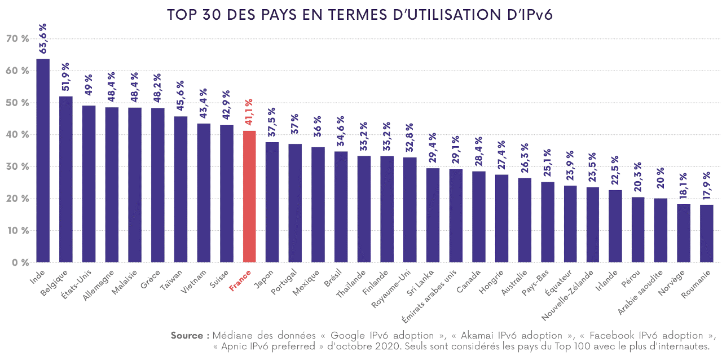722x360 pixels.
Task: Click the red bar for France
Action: tap(249, 196)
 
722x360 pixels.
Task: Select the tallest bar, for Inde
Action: tap(43, 161)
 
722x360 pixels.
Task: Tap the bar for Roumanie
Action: tap(706, 234)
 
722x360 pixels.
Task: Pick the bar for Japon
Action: tap(272, 202)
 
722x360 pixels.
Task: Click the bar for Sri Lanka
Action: tap(433, 215)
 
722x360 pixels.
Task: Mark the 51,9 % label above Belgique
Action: tap(66, 77)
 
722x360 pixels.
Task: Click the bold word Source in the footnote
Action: tap(186, 336)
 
